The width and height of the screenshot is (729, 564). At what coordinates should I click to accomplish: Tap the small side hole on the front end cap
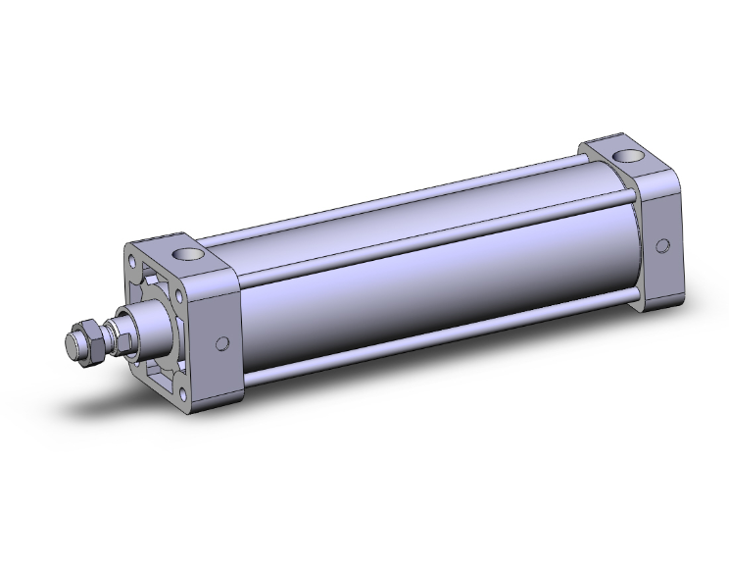[x=222, y=342]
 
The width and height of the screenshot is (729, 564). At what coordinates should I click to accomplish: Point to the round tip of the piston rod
[x=72, y=345]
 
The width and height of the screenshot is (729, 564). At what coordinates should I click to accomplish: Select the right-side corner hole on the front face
[x=192, y=316]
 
